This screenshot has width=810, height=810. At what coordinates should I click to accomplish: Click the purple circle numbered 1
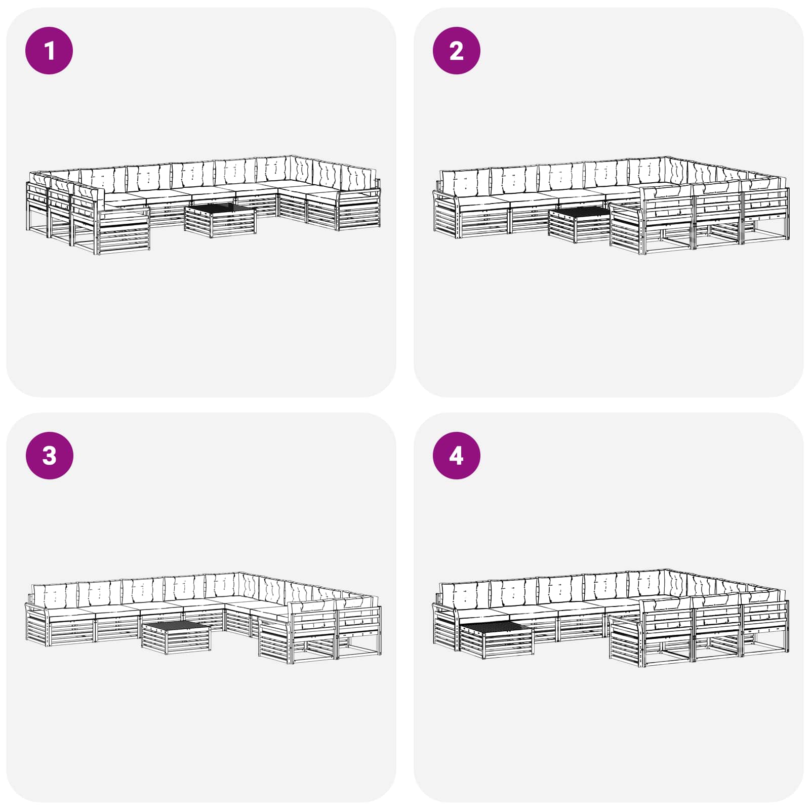point(49,51)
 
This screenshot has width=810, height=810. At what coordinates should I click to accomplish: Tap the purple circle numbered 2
point(456,51)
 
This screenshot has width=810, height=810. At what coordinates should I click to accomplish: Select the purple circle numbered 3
point(49,455)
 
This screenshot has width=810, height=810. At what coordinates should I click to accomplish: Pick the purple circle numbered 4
point(456,455)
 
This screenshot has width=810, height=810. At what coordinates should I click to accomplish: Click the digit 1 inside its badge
point(49,51)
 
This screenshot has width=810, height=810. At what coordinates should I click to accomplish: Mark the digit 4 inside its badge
point(456,456)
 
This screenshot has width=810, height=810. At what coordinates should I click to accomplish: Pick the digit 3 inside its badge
point(49,456)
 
